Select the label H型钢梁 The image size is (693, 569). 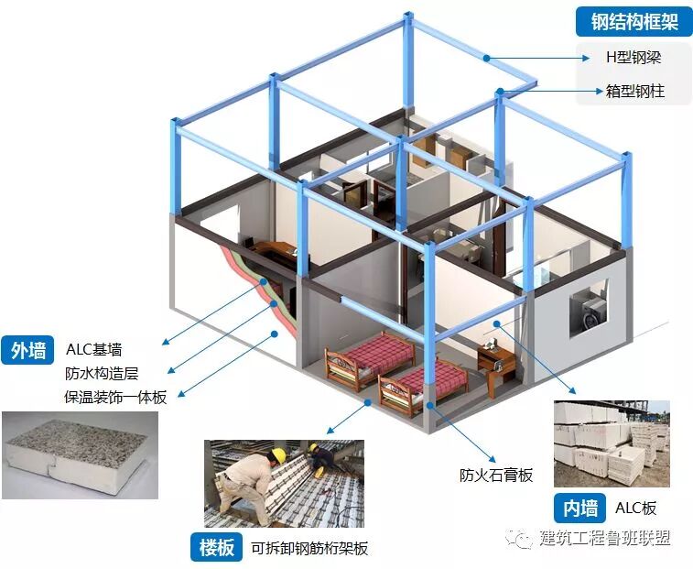(633, 57)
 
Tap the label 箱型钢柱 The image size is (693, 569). (634, 91)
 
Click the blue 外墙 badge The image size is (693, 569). (28, 350)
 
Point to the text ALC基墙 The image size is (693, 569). (93, 350)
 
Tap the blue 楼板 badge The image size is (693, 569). (217, 548)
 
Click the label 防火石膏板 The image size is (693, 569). (495, 475)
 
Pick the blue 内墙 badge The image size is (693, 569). (580, 508)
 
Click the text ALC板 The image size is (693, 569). (635, 508)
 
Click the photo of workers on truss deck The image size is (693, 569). (283, 482)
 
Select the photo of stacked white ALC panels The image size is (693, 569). (611, 443)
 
